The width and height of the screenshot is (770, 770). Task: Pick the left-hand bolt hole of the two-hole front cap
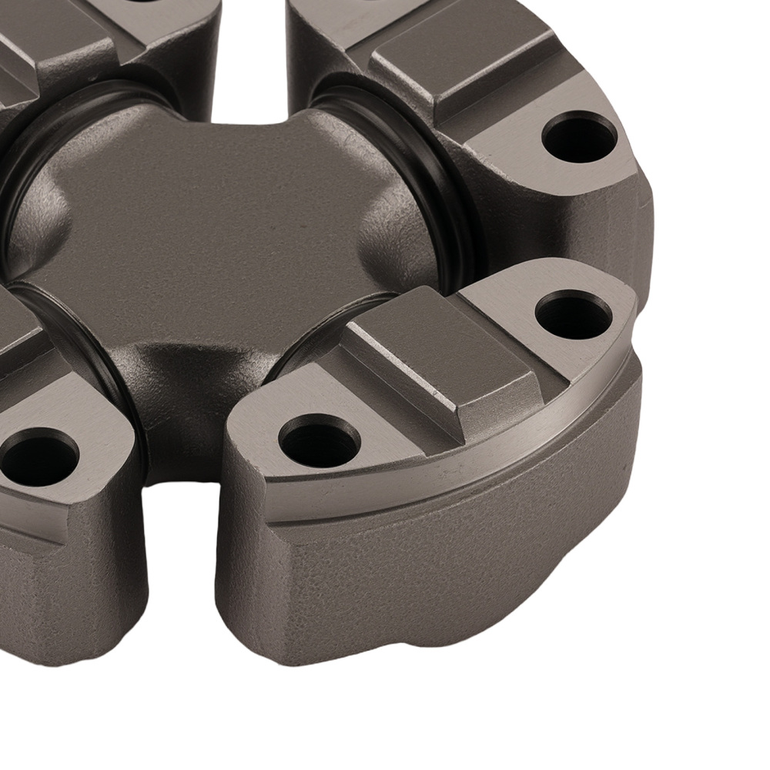click(319, 444)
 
